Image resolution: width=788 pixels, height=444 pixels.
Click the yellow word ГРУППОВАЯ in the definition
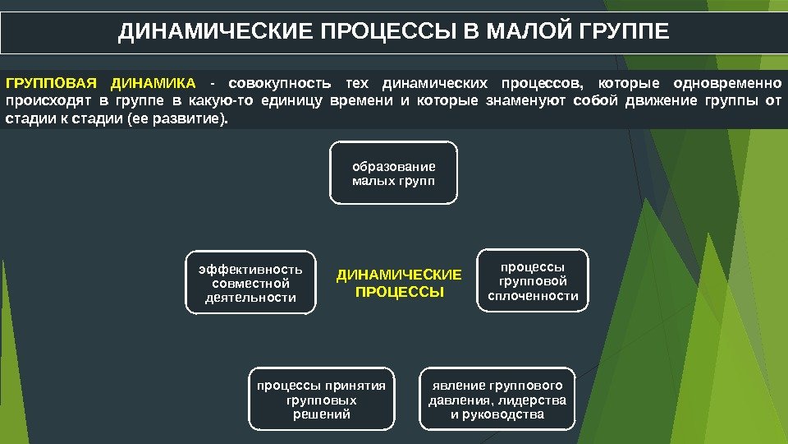[x=51, y=84]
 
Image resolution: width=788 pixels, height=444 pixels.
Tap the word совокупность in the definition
[x=280, y=84]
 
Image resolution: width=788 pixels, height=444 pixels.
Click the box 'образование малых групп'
[x=394, y=173]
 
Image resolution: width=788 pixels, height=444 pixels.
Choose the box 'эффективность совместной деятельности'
[x=250, y=283]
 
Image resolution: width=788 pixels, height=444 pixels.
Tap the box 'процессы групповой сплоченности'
[x=533, y=281]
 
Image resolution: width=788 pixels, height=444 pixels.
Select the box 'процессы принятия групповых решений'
[x=322, y=400]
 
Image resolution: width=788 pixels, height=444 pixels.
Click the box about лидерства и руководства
[x=497, y=400]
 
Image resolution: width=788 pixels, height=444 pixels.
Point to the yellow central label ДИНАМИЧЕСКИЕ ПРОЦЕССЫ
[x=400, y=283]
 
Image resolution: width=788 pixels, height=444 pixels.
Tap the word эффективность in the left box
[x=250, y=269]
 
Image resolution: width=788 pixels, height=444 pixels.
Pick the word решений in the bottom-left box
[x=322, y=414]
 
